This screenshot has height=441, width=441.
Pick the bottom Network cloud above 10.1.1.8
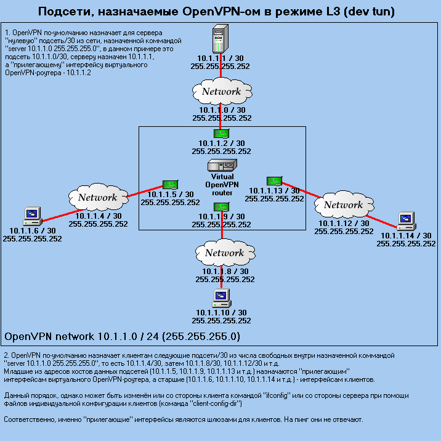[x=224, y=253]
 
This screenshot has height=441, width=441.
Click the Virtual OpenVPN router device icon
[x=221, y=166]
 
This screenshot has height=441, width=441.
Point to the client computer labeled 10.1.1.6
[x=31, y=216]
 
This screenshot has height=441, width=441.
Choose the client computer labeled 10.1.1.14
[x=405, y=220]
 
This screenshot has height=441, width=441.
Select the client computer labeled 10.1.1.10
[x=220, y=297]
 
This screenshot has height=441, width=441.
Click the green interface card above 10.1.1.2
[x=221, y=133]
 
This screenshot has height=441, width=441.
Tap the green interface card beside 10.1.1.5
[x=170, y=184]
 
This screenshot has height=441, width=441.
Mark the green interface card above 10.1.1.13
[x=274, y=180]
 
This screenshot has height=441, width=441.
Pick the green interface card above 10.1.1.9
[x=221, y=206]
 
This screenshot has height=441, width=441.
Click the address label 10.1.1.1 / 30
[x=220, y=58]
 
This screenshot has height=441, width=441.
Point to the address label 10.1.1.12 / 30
[x=343, y=223]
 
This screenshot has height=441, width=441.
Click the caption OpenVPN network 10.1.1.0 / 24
[x=122, y=337]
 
